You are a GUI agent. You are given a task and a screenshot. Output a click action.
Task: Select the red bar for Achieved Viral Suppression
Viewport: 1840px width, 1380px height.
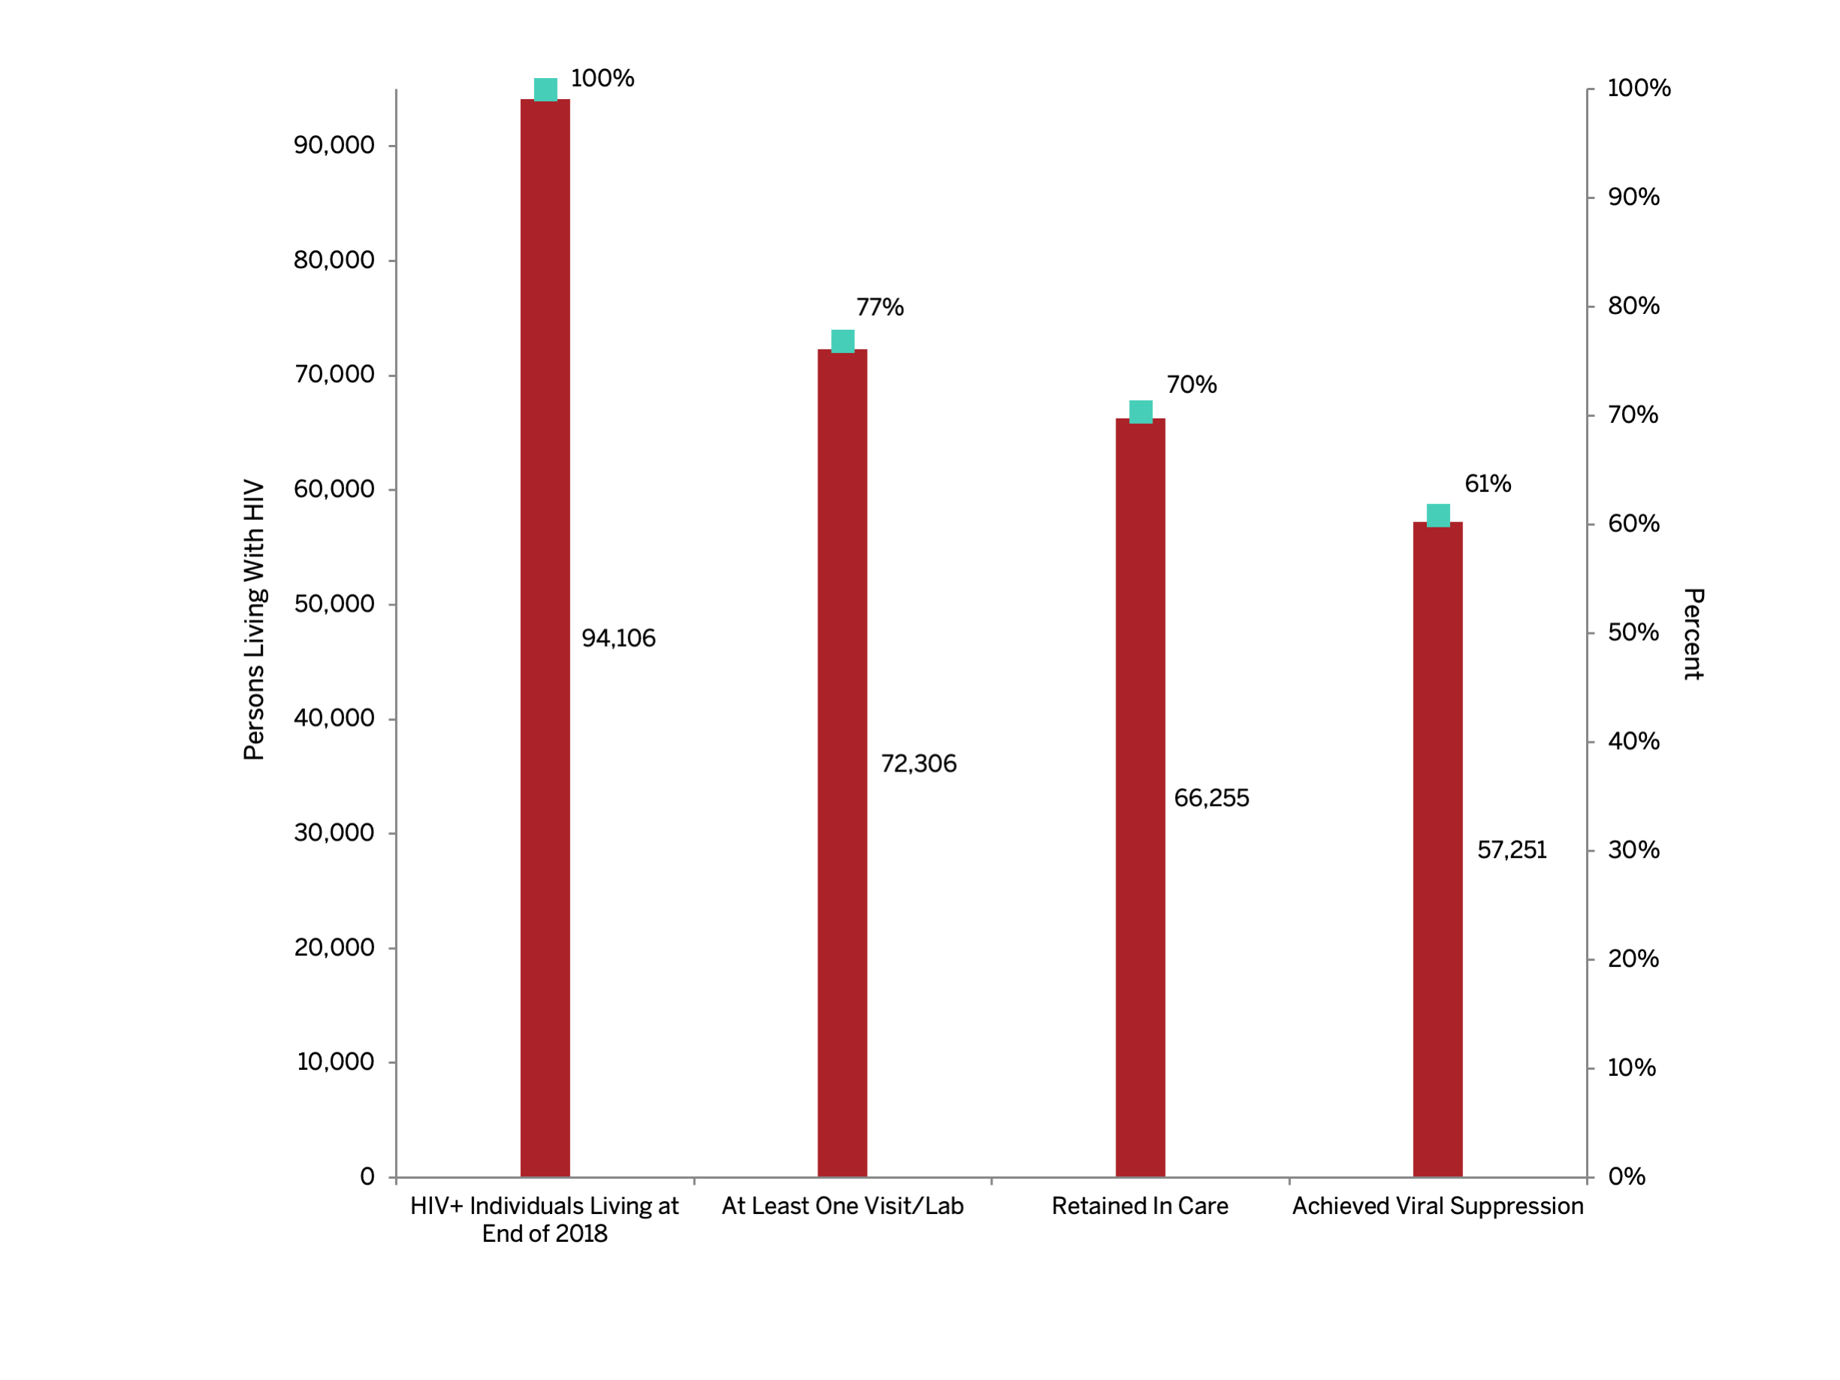pyautogui.click(x=1437, y=848)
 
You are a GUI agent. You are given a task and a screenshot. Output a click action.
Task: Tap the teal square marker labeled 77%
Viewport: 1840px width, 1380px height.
pyautogui.click(x=843, y=341)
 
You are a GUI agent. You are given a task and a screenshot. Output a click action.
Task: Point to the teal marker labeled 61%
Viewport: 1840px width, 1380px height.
pyautogui.click(x=1438, y=515)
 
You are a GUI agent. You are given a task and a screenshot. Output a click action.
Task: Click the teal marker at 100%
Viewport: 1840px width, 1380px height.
pyautogui.click(x=545, y=89)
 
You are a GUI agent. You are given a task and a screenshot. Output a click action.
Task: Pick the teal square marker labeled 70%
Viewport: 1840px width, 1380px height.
pyautogui.click(x=1141, y=412)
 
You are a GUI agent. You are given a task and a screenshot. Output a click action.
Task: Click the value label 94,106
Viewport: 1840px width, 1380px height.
pyautogui.click(x=618, y=638)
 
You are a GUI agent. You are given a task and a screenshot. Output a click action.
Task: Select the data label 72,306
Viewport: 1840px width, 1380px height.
pyautogui.click(x=918, y=763)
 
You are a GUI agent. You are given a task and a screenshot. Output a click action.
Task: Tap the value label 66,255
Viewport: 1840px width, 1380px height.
pyautogui.click(x=1211, y=799)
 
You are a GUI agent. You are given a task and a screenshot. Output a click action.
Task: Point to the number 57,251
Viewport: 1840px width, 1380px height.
pyautogui.click(x=1512, y=850)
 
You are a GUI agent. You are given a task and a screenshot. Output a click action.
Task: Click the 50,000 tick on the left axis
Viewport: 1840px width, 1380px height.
pyautogui.click(x=334, y=604)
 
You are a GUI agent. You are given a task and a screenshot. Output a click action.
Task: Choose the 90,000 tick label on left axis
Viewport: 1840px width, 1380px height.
pyautogui.click(x=334, y=146)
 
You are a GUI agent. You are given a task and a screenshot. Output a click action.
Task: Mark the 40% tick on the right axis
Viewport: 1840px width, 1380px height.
pyautogui.click(x=1633, y=741)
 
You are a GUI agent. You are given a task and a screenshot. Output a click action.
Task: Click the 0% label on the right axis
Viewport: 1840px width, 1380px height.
pyautogui.click(x=1626, y=1176)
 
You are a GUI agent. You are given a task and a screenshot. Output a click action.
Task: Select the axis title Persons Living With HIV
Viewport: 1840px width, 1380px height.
pyautogui.click(x=254, y=620)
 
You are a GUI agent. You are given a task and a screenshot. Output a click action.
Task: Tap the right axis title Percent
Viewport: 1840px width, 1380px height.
pyautogui.click(x=1693, y=634)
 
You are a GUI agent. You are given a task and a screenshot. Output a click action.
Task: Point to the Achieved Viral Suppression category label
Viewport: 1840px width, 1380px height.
pyautogui.click(x=1437, y=1206)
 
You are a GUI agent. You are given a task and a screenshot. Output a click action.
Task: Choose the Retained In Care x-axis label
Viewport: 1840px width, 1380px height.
pyautogui.click(x=1140, y=1206)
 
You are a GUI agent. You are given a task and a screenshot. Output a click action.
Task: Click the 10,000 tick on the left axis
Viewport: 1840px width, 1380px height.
pyautogui.click(x=335, y=1061)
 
